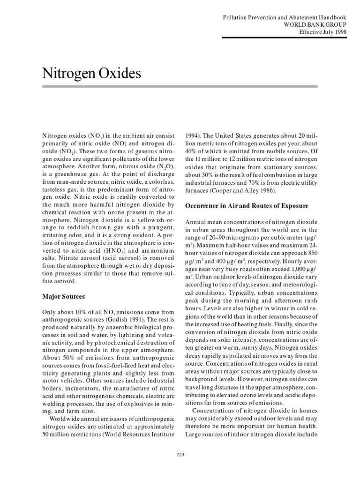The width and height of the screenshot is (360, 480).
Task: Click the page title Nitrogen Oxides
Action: (91, 73)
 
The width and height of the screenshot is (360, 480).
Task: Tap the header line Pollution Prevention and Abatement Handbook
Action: (285, 17)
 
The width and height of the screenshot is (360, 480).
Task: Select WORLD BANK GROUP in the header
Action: (315, 24)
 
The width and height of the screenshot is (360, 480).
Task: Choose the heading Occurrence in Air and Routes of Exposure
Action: (247, 205)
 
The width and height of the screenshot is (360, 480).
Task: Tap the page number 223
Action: (180, 454)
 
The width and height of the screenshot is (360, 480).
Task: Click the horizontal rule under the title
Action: (180, 87)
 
